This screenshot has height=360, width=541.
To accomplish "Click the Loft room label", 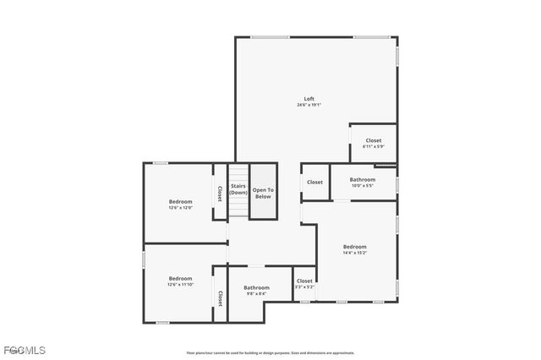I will [309, 99].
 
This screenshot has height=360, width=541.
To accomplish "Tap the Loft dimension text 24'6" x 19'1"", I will [309, 105].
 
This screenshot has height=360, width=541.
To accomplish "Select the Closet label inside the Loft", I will [374, 140].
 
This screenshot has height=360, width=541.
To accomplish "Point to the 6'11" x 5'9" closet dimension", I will [374, 146].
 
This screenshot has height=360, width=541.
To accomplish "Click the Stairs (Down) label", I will [238, 189].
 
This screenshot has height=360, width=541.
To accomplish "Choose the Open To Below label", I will [263, 193].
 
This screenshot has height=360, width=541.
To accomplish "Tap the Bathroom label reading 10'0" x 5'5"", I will [363, 179].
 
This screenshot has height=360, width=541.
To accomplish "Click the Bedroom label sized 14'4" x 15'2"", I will [354, 247].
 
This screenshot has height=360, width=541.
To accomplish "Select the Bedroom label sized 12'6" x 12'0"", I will [180, 201].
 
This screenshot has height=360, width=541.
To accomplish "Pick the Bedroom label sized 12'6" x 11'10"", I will [180, 278].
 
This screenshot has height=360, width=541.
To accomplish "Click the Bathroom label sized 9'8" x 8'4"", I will [256, 287].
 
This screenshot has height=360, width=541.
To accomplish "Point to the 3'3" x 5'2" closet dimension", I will [304, 287].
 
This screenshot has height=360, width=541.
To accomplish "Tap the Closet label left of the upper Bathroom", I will [314, 182].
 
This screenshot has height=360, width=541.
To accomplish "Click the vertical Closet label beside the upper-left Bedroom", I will [220, 193].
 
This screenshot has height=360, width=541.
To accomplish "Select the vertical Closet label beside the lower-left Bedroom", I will [220, 297].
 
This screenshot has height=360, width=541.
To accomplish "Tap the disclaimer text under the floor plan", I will [270, 353].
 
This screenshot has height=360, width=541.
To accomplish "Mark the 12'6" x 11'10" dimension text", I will [180, 285].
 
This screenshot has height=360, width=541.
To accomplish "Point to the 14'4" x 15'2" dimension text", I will [354, 253].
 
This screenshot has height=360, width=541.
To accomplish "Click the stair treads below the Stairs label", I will [238, 208].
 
